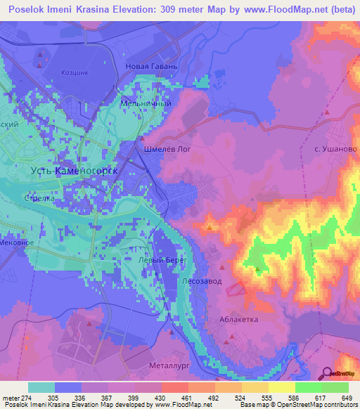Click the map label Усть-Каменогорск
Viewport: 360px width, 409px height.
click(x=74, y=171)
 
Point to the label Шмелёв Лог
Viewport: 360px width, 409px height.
click(x=167, y=150)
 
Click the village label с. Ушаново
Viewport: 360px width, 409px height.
click(x=336, y=150)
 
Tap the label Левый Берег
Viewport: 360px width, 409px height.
click(x=143, y=259)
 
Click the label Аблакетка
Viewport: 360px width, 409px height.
click(x=238, y=319)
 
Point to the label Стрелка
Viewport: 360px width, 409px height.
click(x=40, y=198)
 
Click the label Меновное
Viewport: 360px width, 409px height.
click(x=17, y=242)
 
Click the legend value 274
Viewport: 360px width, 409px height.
click(x=27, y=398)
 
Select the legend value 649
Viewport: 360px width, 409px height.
click(x=345, y=398)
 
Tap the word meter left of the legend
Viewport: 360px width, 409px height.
click(x=10, y=398)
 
